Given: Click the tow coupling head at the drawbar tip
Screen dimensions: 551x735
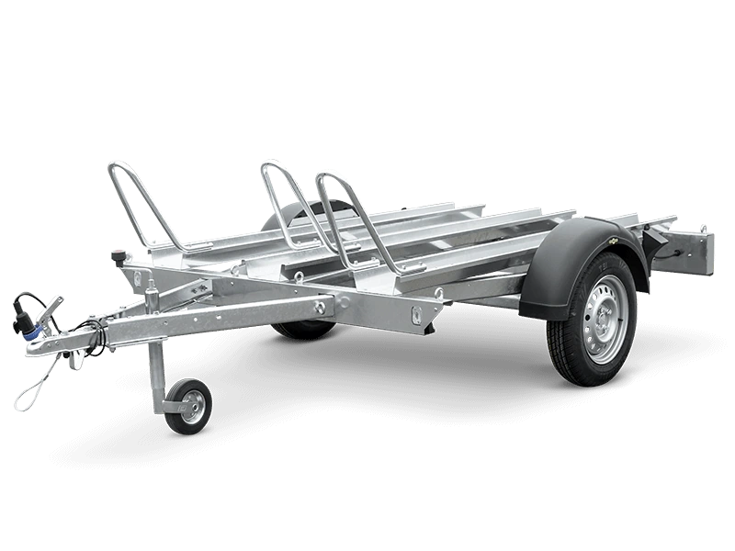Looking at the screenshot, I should [41, 345].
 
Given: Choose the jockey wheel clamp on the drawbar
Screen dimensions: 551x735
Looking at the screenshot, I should [152, 298].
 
